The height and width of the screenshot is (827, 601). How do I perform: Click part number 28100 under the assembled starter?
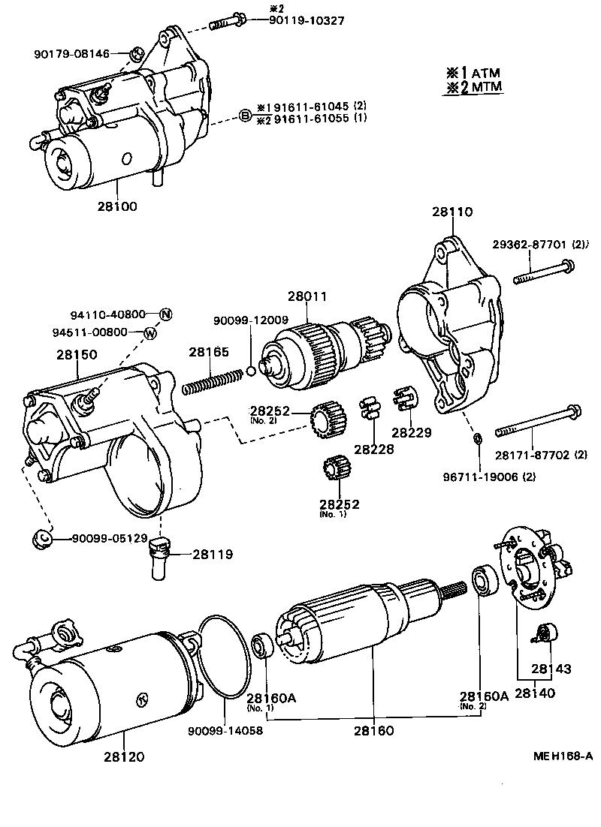[x=117, y=205]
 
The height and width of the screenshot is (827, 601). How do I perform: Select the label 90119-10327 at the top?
[x=307, y=20]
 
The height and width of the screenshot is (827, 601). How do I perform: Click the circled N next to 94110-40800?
[x=165, y=314]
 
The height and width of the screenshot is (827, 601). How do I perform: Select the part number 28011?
[x=310, y=296]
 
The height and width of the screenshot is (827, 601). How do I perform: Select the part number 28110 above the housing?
[x=452, y=212]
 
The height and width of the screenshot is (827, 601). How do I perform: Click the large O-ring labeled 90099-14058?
[x=225, y=660]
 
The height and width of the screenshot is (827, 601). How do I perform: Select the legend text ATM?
[x=486, y=73]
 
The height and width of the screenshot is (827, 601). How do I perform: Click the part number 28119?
[x=213, y=555]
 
